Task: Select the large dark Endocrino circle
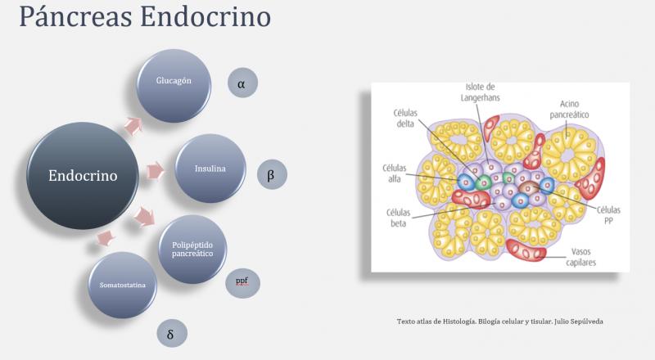pos(82,175)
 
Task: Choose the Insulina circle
pos(210,169)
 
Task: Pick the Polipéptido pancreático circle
pos(192,249)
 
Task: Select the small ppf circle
pos(242,282)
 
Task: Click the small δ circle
pos(170,334)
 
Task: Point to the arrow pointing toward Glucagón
pos(131,124)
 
